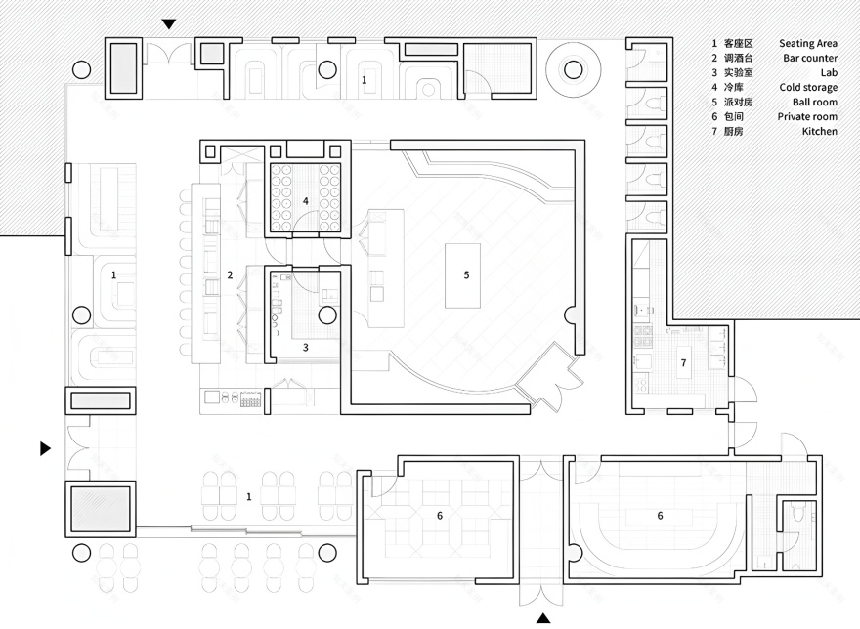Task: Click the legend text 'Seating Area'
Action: tap(807, 44)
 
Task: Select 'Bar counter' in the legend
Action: tap(809, 59)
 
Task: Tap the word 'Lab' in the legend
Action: tap(828, 73)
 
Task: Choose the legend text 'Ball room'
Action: tap(814, 103)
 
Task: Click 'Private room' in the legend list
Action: tap(807, 117)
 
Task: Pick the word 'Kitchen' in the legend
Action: tap(819, 132)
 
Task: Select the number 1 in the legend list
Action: tap(714, 44)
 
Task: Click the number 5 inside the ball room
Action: tap(466, 275)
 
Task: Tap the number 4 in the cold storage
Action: tap(306, 201)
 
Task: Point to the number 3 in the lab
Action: tap(305, 347)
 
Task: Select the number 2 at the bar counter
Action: tap(230, 275)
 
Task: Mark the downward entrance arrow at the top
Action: tap(169, 23)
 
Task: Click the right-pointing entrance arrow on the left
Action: tap(45, 448)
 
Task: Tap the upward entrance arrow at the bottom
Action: tap(543, 617)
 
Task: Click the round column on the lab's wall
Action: tap(326, 314)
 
